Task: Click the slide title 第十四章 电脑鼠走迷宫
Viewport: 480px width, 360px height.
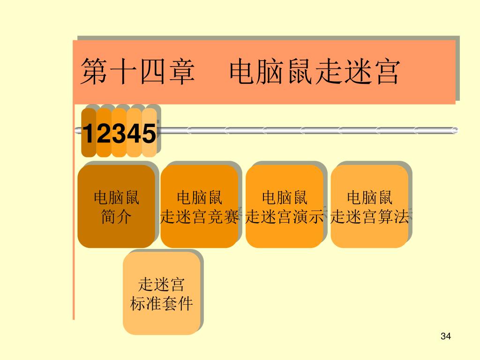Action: pos(240,72)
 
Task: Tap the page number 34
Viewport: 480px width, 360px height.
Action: pos(446,337)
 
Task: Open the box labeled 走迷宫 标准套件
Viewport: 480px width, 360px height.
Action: pos(162,293)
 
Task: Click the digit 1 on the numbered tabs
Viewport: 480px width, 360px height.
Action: pos(88,134)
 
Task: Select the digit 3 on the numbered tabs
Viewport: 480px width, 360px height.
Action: pos(119,134)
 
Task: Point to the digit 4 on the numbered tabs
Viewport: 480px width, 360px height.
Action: pos(134,134)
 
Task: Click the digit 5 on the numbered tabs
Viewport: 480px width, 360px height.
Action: pos(149,134)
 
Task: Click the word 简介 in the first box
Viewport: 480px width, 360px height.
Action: pos(116,217)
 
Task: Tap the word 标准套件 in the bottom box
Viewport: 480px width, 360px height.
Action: pos(162,304)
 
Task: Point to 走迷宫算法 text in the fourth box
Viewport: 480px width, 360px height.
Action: pos(369,217)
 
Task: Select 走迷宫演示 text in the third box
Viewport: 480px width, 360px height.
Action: pos(285,217)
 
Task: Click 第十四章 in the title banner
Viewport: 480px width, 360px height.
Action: pos(138,72)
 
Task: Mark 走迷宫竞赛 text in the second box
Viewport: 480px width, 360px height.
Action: pos(199,217)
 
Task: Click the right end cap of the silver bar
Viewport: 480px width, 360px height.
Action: pos(455,131)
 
